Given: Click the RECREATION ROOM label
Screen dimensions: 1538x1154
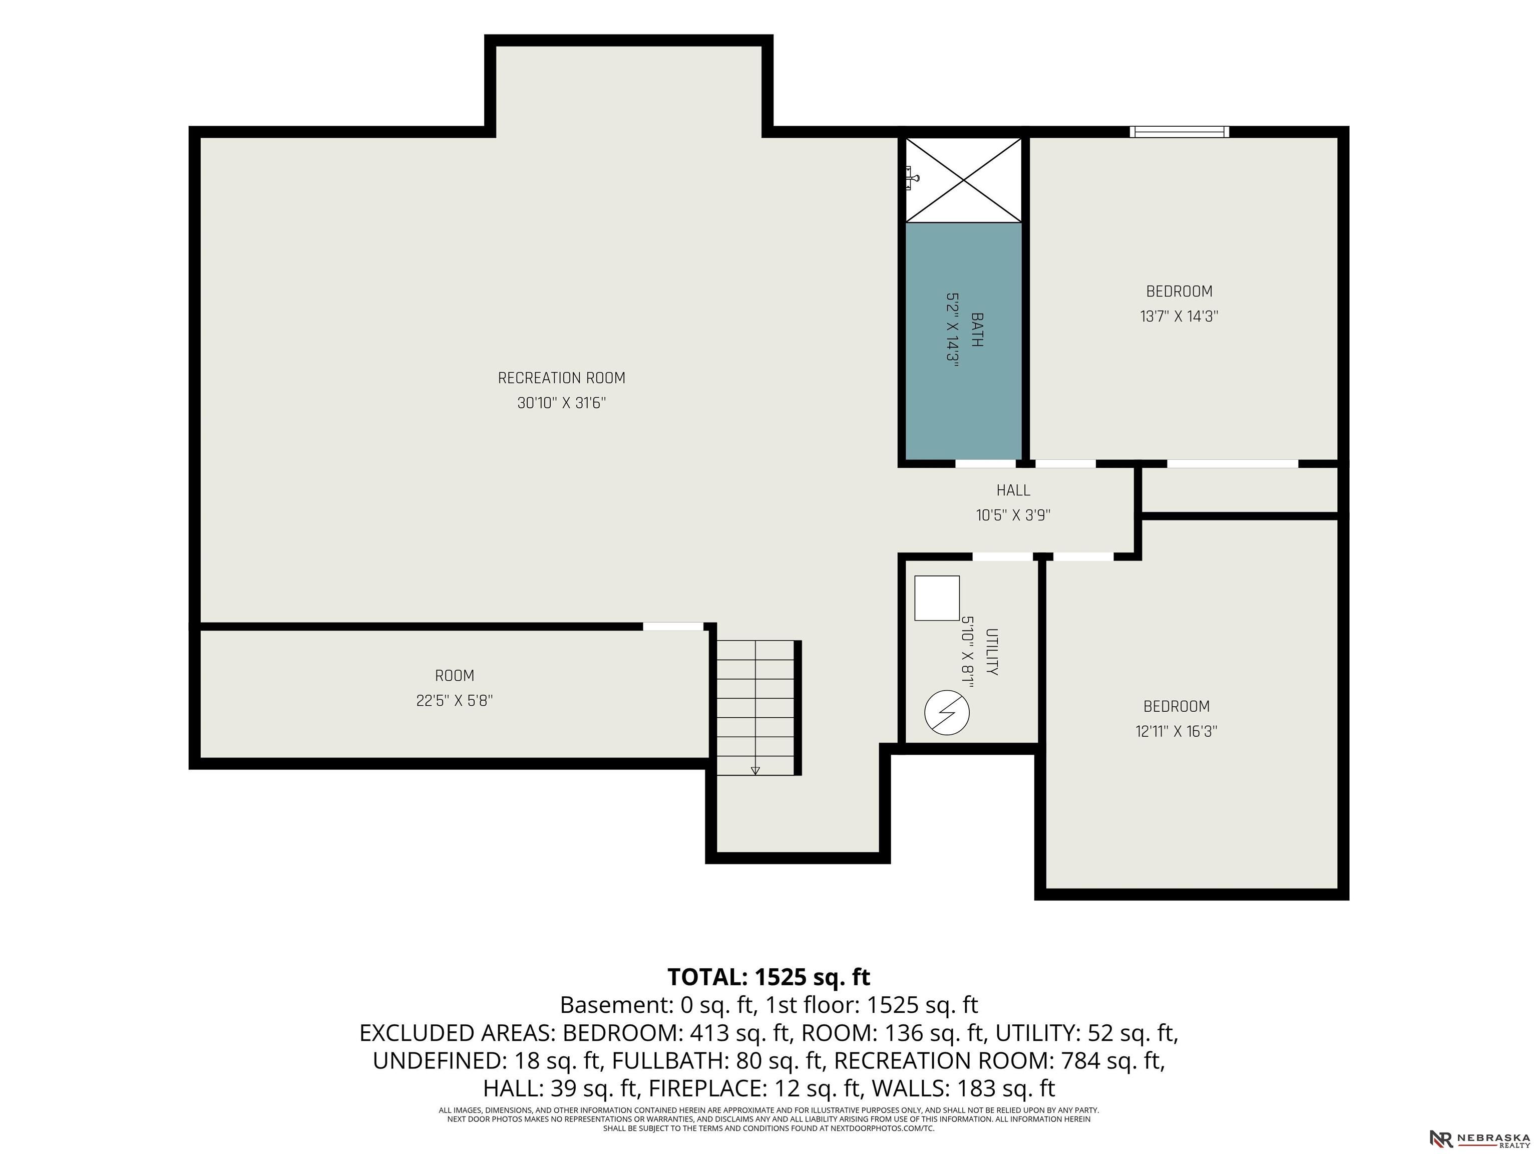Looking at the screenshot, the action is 561,378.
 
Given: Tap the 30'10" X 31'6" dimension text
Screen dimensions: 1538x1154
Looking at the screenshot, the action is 561,403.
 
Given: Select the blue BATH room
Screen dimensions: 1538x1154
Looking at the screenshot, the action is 963,341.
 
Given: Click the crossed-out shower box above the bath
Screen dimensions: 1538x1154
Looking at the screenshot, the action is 963,179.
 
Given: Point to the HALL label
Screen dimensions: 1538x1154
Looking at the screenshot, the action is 1013,490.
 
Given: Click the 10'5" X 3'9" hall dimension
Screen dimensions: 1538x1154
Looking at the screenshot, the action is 1013,515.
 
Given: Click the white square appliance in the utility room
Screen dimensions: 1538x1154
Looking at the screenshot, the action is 937,598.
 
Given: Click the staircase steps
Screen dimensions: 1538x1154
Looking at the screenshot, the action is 755,707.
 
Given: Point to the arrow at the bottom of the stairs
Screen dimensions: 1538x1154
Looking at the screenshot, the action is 755,770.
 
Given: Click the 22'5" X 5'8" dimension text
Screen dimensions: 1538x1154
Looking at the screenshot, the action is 454,701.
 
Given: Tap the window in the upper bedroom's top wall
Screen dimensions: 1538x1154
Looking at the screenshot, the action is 1179,131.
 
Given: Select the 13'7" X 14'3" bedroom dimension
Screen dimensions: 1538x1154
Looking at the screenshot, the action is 1179,317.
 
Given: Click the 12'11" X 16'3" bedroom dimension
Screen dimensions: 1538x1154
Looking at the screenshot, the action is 1177,731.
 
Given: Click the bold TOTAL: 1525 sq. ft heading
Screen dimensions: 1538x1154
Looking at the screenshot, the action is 769,977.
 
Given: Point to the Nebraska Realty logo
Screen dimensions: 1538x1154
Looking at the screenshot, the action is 1479,1138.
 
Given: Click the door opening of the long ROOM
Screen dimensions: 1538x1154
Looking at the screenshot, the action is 673,627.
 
